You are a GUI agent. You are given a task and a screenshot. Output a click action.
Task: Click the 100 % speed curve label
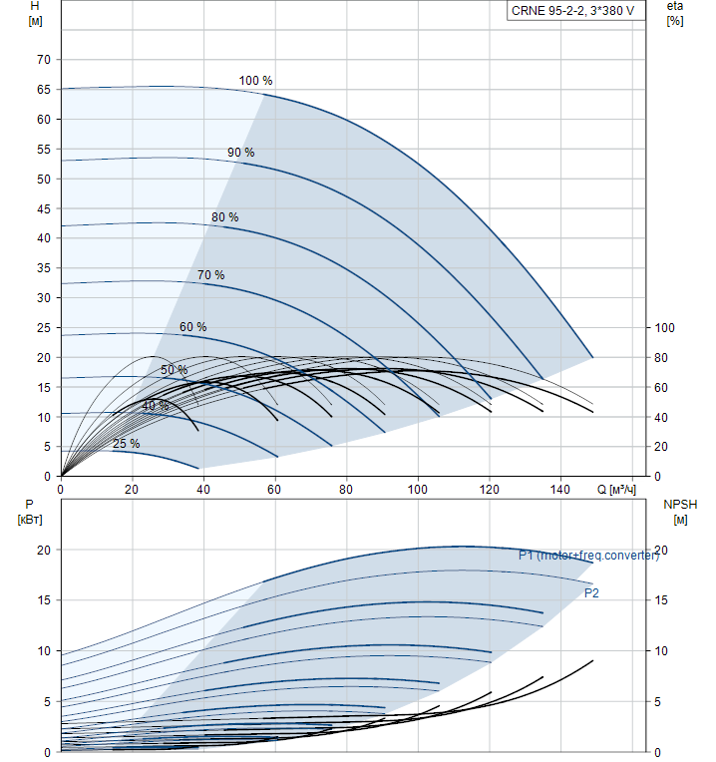coord(255,81)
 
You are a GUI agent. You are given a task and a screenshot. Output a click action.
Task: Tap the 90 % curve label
coord(240,153)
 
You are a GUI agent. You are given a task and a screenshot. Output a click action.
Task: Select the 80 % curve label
coord(224,217)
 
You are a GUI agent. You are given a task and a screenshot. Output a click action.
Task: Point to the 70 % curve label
coord(210,275)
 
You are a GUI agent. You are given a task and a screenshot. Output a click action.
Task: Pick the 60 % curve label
coord(192,327)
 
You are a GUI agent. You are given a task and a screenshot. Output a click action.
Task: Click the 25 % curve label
coord(126,444)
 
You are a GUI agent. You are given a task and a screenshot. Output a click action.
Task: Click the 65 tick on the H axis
coord(44,90)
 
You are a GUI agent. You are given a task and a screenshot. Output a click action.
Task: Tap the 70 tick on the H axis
coord(44,60)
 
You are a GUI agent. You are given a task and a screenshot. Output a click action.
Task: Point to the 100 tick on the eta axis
coord(664,328)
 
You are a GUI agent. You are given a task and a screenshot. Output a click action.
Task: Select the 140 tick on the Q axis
coord(560,490)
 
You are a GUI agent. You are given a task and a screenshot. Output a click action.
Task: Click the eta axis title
coord(675,13)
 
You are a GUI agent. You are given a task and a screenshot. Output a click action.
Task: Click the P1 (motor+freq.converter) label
coord(588,556)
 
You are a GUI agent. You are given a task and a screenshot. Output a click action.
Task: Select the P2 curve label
coord(591,593)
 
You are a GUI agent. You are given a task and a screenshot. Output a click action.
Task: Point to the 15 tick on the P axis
coord(44,600)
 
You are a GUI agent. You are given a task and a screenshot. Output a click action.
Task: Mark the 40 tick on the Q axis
coord(203,490)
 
